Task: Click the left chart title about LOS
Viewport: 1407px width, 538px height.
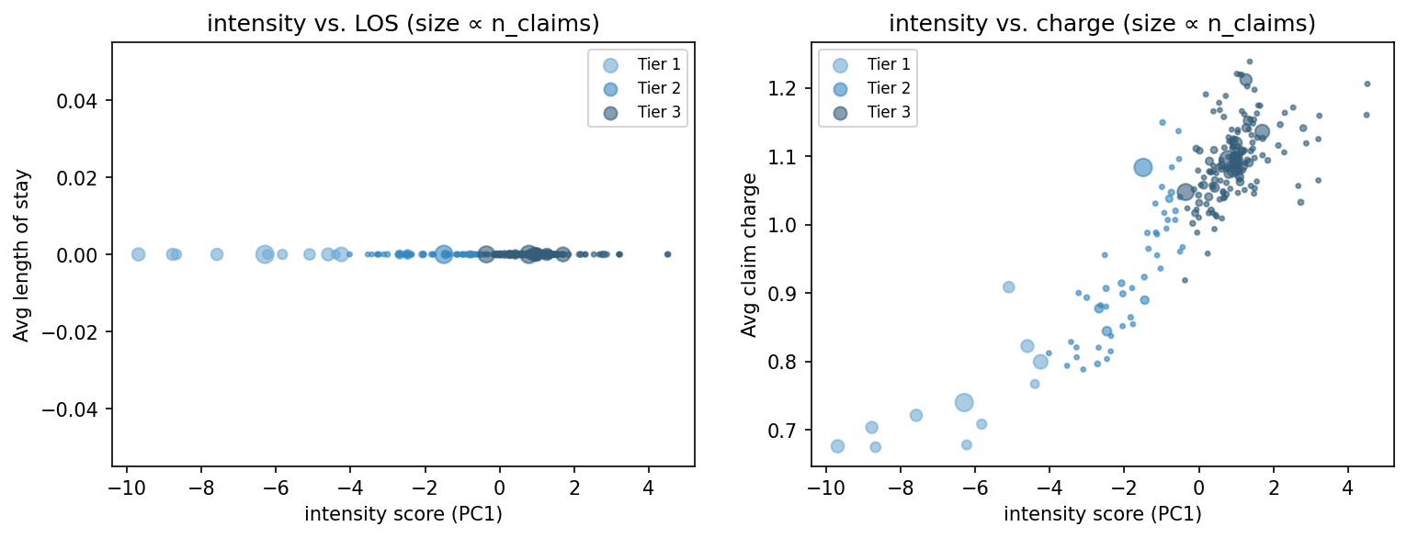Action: [403, 25]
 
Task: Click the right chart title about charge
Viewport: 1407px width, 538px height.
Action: [1102, 25]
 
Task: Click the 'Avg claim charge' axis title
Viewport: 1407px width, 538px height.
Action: [750, 254]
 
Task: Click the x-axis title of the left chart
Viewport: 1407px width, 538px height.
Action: [403, 514]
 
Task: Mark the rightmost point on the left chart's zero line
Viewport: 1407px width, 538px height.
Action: [667, 254]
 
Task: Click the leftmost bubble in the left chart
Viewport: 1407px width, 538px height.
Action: [138, 254]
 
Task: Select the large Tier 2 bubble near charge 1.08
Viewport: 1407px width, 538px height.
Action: [1142, 167]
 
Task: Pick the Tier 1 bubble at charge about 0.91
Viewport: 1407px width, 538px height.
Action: [1008, 287]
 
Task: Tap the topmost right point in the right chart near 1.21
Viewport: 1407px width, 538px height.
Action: [1367, 84]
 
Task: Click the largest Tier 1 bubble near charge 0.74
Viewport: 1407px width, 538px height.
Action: [963, 402]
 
